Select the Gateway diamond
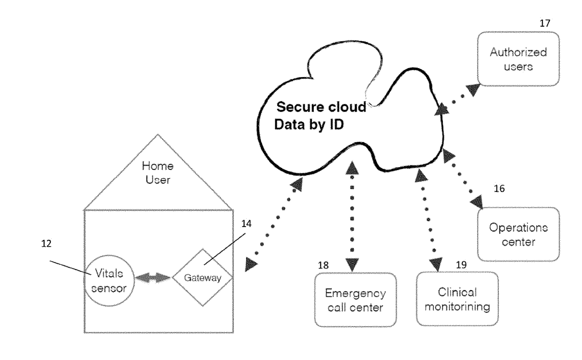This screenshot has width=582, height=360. pos(202,277)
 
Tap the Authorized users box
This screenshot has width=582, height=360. pos(519,59)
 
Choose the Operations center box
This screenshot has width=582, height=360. pos(519,234)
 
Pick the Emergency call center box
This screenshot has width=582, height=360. pos(356,300)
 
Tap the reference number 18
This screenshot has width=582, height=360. pos(323,265)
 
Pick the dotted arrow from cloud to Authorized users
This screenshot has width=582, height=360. pos(461,98)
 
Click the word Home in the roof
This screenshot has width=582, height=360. pos(158,166)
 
